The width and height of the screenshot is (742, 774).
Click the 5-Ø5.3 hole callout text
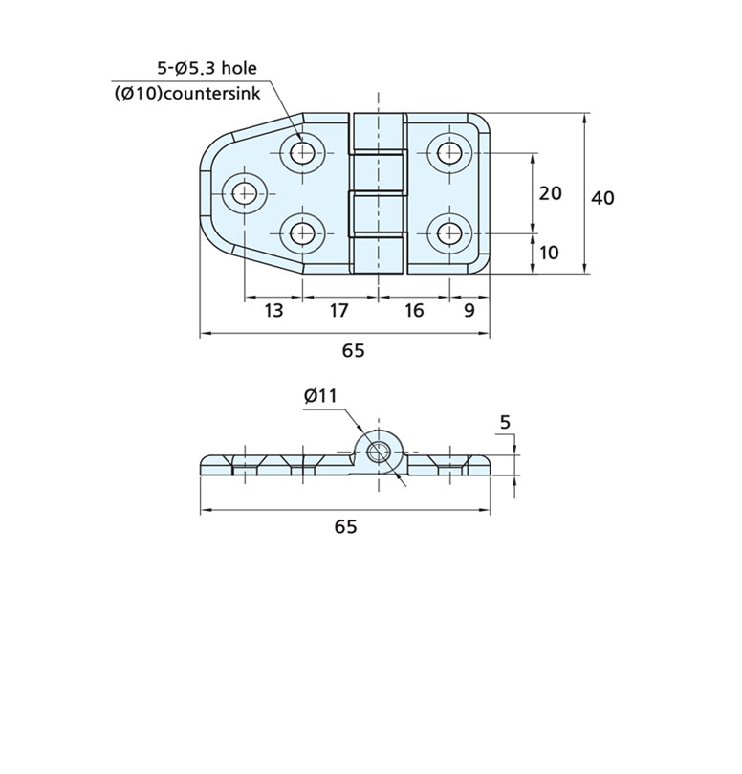(207, 68)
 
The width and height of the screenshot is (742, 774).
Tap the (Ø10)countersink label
(187, 94)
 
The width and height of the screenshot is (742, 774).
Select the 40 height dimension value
(602, 197)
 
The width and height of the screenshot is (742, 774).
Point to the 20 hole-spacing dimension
(550, 193)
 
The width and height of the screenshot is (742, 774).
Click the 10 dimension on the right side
(549, 253)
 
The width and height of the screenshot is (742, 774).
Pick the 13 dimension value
(273, 311)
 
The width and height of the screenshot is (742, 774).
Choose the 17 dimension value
(338, 311)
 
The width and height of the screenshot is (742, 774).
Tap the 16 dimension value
(413, 311)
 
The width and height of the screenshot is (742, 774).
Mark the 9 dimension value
(469, 311)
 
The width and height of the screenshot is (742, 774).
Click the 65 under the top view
(353, 350)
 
